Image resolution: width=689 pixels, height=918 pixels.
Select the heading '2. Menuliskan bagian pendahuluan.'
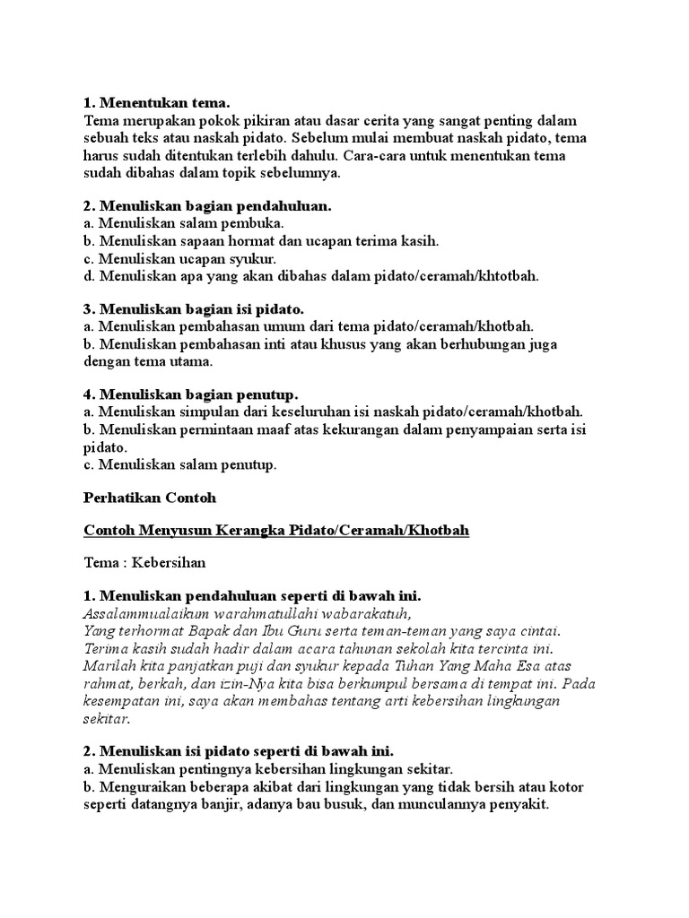[207, 205]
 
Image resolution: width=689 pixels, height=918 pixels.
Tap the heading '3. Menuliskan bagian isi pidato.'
[194, 308]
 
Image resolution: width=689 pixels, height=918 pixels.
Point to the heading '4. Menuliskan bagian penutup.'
[191, 394]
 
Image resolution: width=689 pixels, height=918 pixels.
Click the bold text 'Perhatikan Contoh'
[150, 498]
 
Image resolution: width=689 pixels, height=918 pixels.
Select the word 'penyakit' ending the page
[519, 804]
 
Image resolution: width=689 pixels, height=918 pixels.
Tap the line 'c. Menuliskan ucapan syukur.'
[179, 258]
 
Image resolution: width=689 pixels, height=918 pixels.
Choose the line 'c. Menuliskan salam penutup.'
[180, 464]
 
